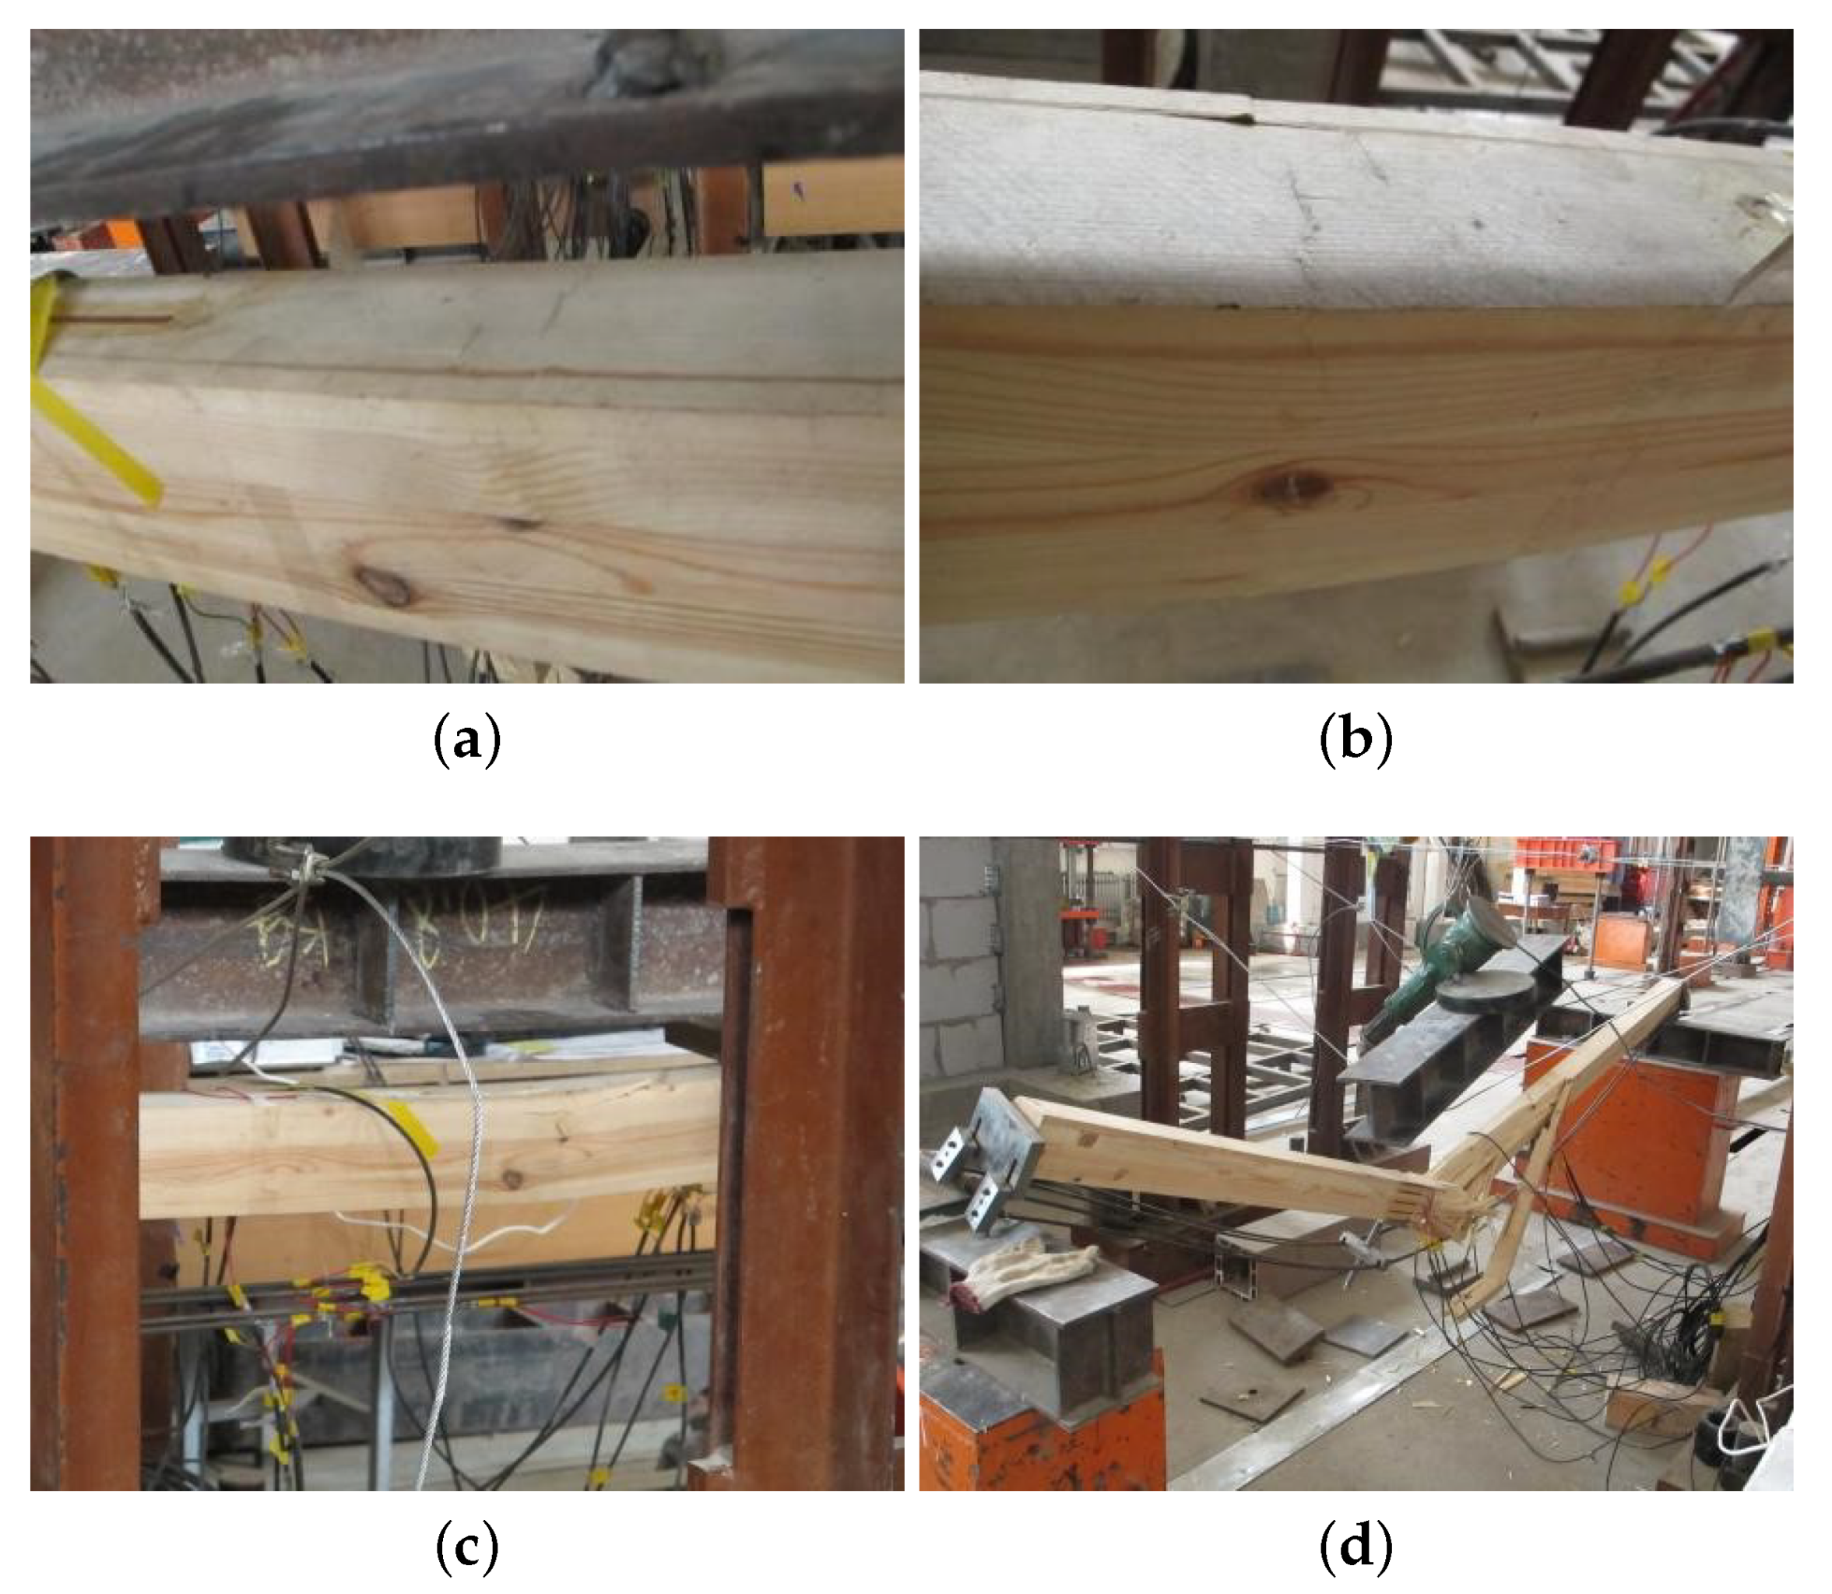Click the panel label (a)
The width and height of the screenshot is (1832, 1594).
(x=467, y=740)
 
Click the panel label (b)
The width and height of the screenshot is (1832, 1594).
(x=1356, y=740)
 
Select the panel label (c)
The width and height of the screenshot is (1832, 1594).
(x=467, y=1548)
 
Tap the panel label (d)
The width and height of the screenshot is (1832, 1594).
(x=1356, y=1548)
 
